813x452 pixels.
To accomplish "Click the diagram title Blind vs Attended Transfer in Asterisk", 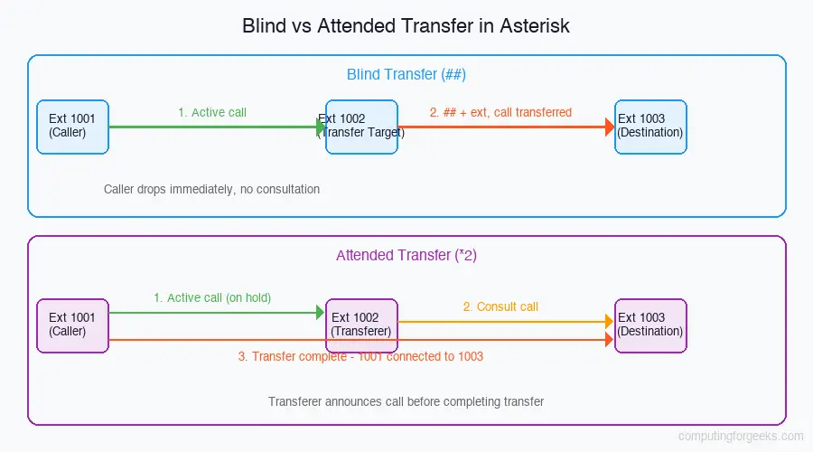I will [406, 25].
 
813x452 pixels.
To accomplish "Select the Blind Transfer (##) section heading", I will [406, 74].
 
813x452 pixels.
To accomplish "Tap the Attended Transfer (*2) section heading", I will [406, 255].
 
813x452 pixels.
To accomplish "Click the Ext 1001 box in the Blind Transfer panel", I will [72, 127].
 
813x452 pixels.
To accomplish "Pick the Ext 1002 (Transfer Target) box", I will [361, 127].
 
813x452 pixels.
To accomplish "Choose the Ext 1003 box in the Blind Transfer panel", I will [650, 127].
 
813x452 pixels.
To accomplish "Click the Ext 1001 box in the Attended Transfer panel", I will [72, 325].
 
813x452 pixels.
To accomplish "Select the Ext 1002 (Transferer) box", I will [361, 325].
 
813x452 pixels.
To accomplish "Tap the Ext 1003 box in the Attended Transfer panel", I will [650, 325].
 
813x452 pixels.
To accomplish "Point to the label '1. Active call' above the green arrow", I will [212, 113].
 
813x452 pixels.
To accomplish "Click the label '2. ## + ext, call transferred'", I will [500, 113].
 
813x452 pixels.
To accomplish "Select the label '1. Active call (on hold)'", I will [212, 297].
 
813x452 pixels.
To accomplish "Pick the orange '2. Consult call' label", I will [500, 306].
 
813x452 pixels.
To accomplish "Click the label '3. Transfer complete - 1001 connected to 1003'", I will [360, 356].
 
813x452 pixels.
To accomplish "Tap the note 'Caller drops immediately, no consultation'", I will [211, 190].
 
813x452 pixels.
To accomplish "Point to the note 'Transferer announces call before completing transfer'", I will [406, 401].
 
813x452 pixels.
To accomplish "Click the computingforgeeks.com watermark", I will [740, 436].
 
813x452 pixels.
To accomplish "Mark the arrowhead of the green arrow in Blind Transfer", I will [321, 127].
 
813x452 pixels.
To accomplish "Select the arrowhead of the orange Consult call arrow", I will [609, 321].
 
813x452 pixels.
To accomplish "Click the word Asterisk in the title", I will [537, 25].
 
